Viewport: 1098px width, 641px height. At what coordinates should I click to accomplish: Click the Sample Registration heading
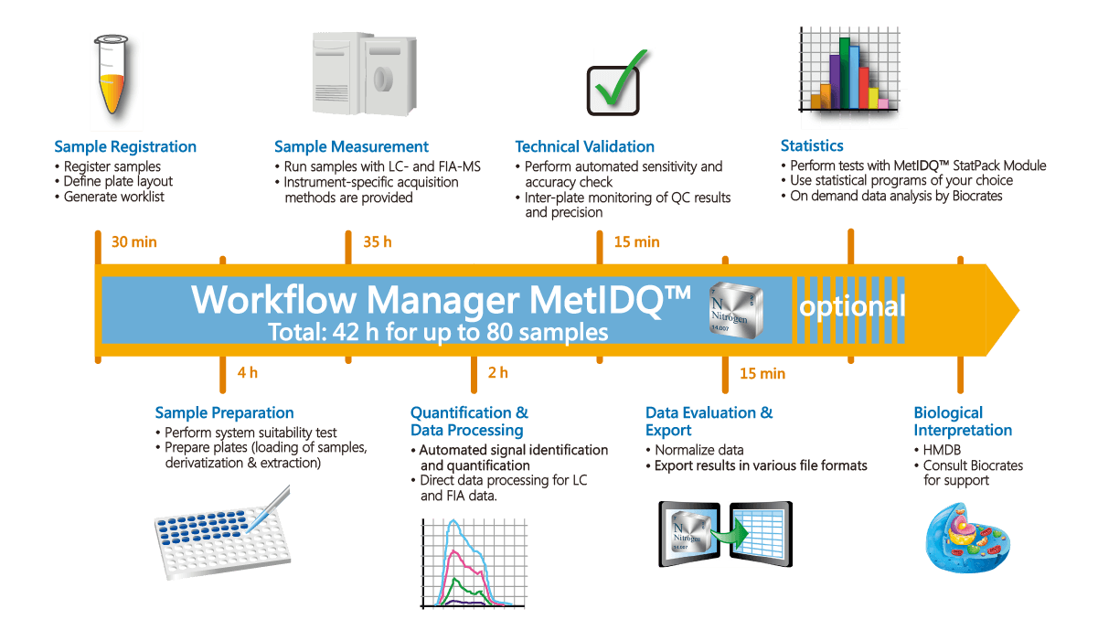coord(125,146)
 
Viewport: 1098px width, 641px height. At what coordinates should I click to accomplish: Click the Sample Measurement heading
coord(351,146)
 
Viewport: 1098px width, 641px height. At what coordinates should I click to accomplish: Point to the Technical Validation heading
coord(584,146)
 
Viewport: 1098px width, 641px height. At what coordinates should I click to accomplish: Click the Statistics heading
coord(812,145)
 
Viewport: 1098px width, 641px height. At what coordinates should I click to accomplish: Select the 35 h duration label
coord(377,242)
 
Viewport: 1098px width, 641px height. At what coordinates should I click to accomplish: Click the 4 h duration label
coord(247,373)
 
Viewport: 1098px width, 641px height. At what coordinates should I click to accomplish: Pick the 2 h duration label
coord(497,373)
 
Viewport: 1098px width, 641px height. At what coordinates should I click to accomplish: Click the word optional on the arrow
coord(852,306)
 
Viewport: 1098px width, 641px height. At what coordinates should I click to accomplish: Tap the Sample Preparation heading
coord(224,413)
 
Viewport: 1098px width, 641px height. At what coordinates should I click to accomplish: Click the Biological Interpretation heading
coord(962,422)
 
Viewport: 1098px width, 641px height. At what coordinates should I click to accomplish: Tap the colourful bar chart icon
coord(854,77)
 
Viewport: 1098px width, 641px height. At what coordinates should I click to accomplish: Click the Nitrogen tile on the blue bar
coord(735,307)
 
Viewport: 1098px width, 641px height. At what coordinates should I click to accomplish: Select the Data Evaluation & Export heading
coord(709,422)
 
